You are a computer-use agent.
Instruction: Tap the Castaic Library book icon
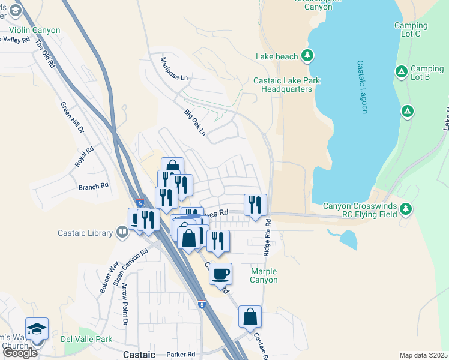[122, 233]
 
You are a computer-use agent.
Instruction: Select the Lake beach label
[277, 56]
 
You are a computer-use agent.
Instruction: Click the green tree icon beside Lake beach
[307, 56]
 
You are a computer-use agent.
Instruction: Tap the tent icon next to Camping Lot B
[402, 73]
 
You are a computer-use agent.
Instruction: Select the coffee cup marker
[220, 273]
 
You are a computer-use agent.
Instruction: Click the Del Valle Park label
[86, 339]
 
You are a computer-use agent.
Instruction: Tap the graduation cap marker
[37, 329]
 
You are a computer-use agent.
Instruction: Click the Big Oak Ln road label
[195, 122]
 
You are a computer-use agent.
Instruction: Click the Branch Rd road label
[93, 187]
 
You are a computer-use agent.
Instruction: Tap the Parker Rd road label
[181, 354]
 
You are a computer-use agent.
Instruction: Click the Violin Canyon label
[34, 30]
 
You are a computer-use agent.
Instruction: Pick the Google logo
[20, 353]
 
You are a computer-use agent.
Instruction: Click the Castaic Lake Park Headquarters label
[283, 85]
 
